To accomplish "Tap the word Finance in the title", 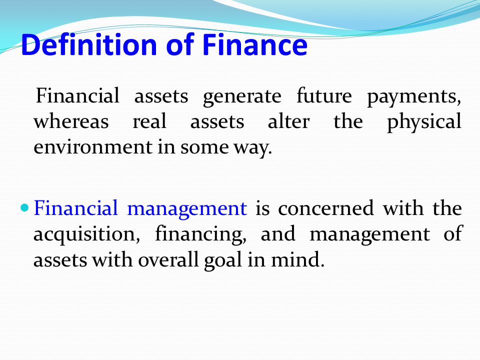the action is (x=254, y=44).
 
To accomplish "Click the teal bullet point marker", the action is (x=25, y=208).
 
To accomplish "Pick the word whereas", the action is (x=71, y=121).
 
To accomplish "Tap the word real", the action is (x=149, y=121).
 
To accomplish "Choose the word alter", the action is (x=288, y=121).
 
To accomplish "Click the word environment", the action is (x=92, y=146).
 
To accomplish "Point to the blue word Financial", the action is (x=75, y=207).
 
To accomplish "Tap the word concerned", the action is (x=325, y=208).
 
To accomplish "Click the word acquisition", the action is (x=86, y=235).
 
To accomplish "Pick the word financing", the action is (x=200, y=235).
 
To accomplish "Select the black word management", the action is (x=370, y=235).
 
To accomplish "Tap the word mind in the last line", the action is (x=295, y=259).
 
